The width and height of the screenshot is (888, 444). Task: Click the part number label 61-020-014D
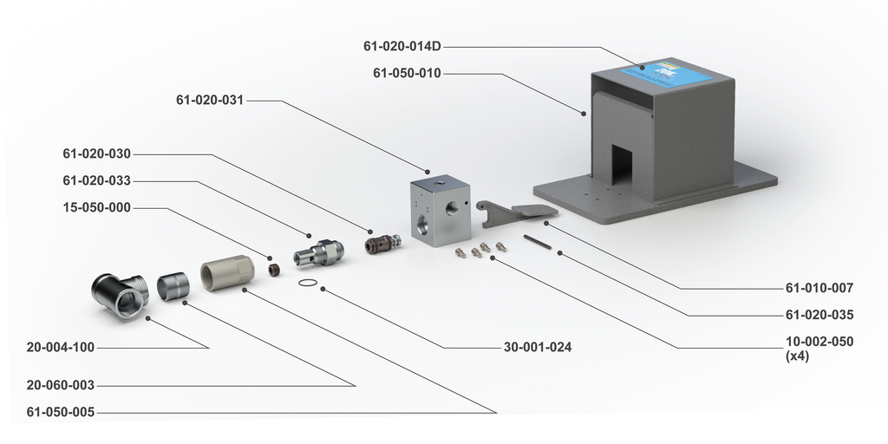402,46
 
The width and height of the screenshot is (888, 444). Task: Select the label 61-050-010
407,74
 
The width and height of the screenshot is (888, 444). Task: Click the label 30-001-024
538,348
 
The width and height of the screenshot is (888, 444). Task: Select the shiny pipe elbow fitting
121,295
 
